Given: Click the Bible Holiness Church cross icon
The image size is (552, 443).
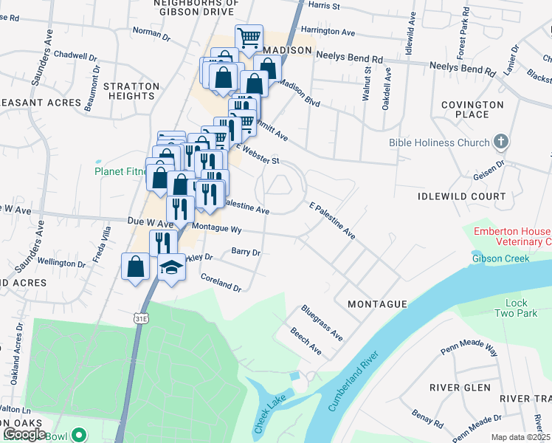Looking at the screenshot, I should (501, 142).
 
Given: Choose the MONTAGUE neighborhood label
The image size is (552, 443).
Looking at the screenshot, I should (377, 304).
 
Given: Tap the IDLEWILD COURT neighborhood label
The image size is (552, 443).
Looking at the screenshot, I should (461, 196).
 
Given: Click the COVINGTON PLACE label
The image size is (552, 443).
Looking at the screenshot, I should (476, 110).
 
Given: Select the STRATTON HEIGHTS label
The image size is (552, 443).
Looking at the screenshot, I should (131, 92).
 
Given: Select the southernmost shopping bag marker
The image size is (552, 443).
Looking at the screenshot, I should (136, 266).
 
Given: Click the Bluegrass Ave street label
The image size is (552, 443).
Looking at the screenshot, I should (322, 323).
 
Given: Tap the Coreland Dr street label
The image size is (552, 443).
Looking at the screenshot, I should (221, 282).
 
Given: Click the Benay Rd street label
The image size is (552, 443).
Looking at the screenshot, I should (428, 419).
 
